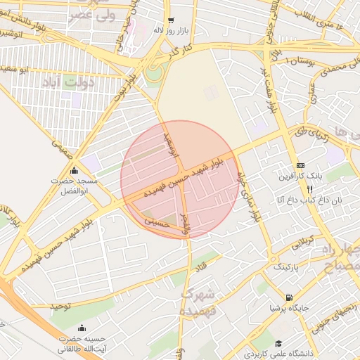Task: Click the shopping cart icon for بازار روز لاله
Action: pos(171,20)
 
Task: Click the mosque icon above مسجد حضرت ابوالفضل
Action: pos(75,170)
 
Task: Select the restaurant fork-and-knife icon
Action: pos(309,189)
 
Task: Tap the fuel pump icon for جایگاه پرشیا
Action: pos(289,297)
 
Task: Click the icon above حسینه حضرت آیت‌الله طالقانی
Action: pos(82,327)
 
